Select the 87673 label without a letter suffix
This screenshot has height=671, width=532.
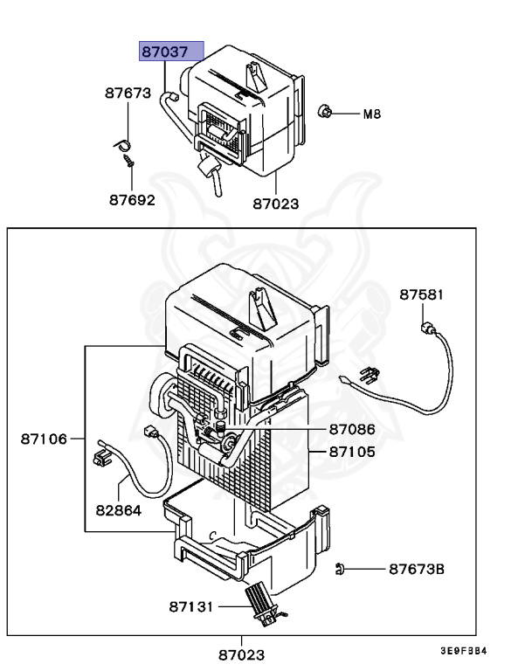(x=128, y=93)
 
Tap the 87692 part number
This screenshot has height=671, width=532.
(x=131, y=199)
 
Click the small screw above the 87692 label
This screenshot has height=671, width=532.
(x=128, y=161)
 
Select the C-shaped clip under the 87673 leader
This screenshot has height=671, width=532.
(x=123, y=143)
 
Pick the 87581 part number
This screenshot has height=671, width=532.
(x=422, y=294)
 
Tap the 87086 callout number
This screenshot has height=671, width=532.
(x=352, y=430)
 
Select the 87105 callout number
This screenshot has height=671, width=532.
(x=352, y=452)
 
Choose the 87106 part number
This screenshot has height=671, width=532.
(x=44, y=439)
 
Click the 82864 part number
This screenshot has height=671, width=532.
(x=118, y=509)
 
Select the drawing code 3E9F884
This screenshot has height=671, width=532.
(x=463, y=651)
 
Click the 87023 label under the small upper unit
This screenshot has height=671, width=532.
(x=276, y=204)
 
